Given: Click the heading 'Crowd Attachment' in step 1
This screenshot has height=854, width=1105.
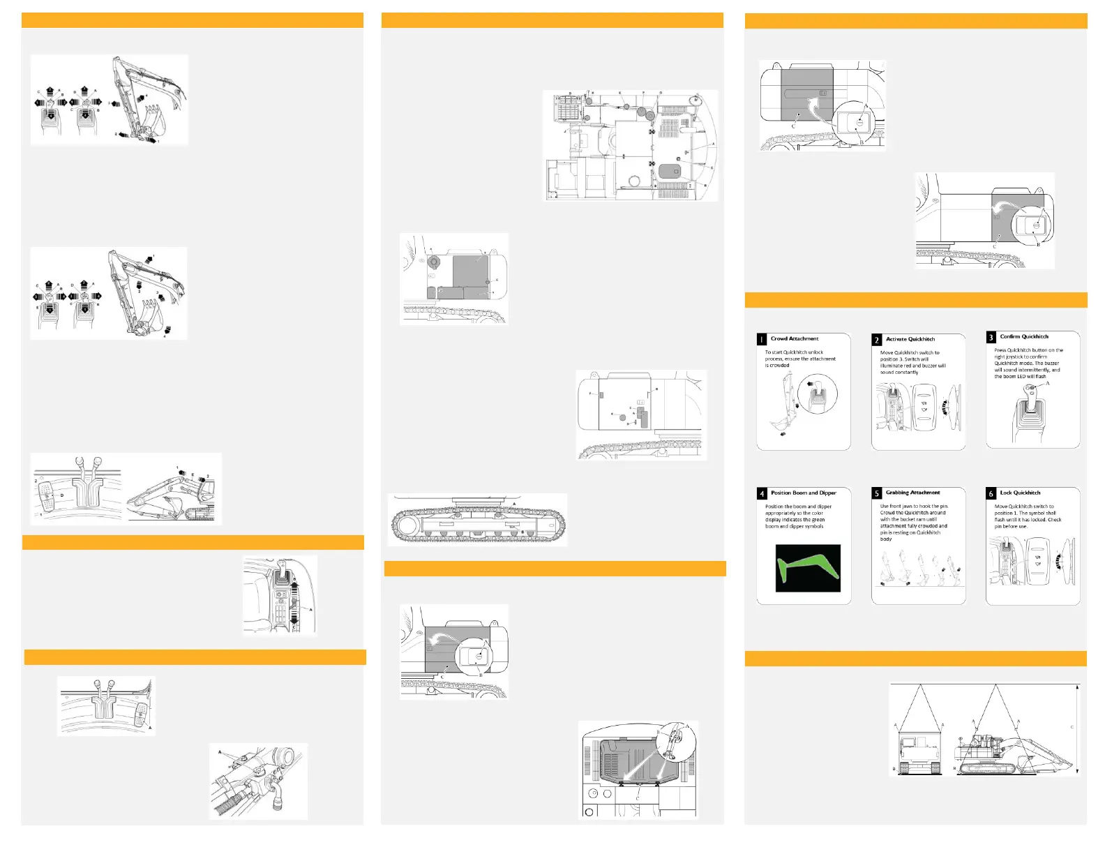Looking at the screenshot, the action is coord(795,338).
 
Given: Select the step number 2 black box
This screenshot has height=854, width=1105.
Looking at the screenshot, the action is coord(877,340).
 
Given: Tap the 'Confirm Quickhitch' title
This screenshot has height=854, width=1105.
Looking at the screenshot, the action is coord(1023,336).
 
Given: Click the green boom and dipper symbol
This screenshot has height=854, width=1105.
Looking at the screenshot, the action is coord(808,567).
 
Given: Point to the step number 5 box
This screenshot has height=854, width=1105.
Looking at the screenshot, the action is coord(877,493).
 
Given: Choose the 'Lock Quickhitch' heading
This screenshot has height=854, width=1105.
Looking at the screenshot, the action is coord(1020,493).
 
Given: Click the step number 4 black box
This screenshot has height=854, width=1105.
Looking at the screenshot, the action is coord(762,493).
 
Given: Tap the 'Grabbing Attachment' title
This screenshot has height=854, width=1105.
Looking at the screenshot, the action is coord(912,493).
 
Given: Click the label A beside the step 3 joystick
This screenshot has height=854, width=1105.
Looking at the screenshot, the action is coord(1048,383).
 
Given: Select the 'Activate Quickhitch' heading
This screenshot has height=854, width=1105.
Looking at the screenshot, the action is coord(910,339).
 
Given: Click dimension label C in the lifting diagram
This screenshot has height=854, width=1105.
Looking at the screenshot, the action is coord(1072,727).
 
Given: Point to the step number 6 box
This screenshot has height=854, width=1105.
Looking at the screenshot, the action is coord(991,493).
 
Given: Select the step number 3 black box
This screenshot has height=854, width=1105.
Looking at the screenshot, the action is coord(991,338).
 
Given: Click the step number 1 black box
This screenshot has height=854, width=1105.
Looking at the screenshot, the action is coord(762,340).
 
